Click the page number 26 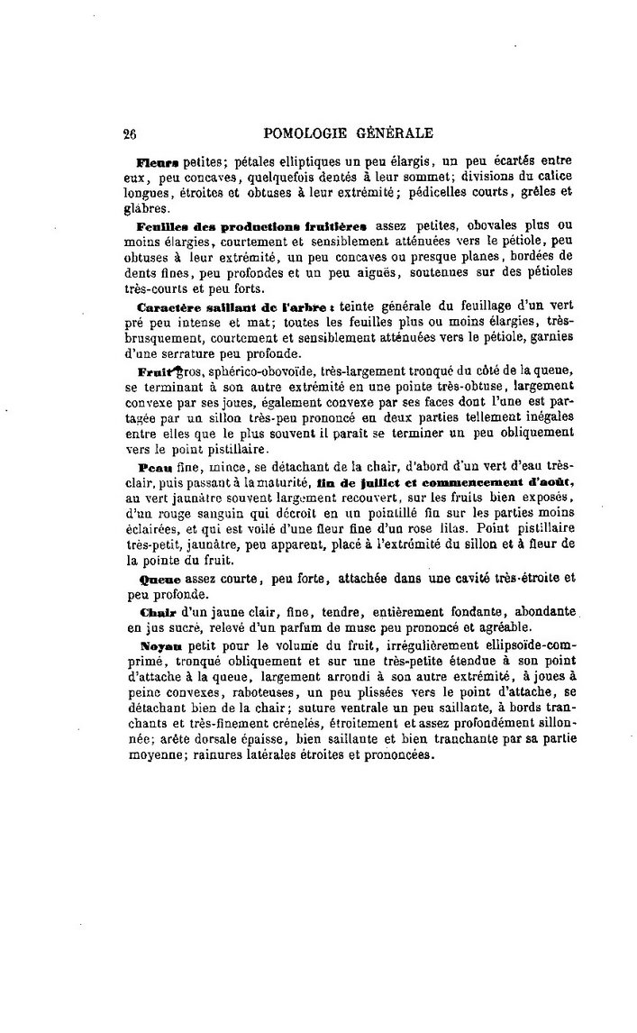[129, 134]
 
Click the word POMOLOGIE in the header [306, 133]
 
